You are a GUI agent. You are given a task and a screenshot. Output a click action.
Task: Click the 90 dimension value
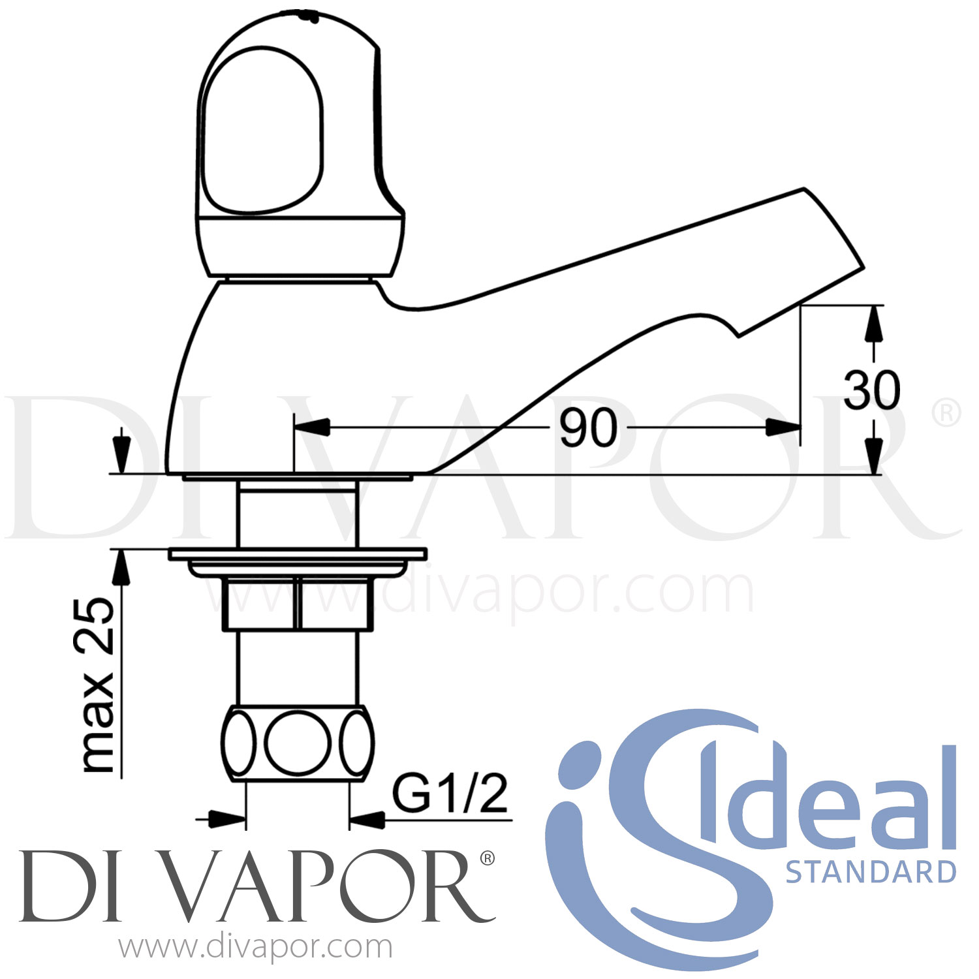pyautogui.click(x=588, y=428)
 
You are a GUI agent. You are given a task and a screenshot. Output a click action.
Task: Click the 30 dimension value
pyautogui.click(x=871, y=390)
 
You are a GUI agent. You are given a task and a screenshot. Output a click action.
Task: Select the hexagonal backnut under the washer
pyautogui.click(x=298, y=604)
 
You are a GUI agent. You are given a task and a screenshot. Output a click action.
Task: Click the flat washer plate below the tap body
pyautogui.click(x=298, y=554)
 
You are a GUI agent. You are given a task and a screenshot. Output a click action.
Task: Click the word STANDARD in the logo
pyautogui.click(x=871, y=872)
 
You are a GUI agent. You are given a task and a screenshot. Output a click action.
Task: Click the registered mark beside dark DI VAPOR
pyautogui.click(x=487, y=858)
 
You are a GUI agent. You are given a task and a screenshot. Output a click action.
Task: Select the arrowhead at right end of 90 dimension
pyautogui.click(x=783, y=428)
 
